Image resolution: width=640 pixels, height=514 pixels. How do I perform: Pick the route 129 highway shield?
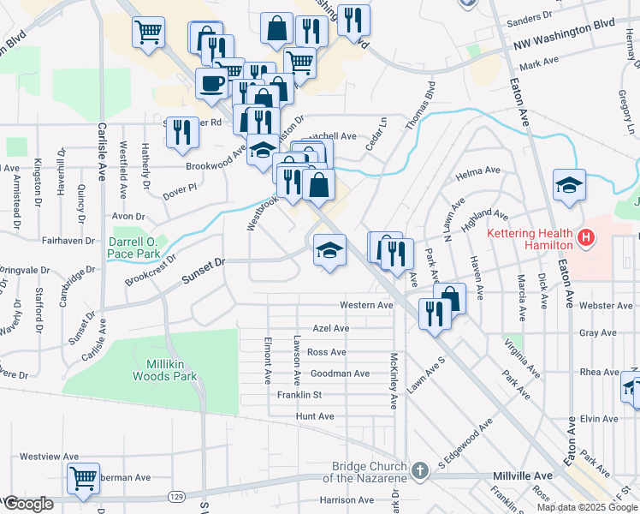click(x=175, y=496)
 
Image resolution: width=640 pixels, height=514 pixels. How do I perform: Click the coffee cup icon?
click(x=211, y=83)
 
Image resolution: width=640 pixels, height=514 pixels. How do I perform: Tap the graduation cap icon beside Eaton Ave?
click(x=569, y=185)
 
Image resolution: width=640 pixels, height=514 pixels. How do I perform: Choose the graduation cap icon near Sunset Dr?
click(x=329, y=249)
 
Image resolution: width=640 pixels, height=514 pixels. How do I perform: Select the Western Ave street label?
click(x=366, y=305)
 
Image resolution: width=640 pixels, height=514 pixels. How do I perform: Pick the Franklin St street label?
click(x=299, y=395)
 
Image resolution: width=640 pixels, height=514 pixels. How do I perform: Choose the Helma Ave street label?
click(x=478, y=170)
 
